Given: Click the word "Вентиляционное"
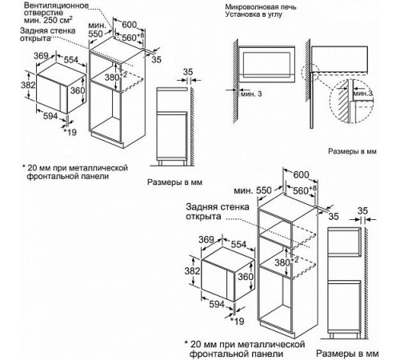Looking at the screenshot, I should [50, 6].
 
